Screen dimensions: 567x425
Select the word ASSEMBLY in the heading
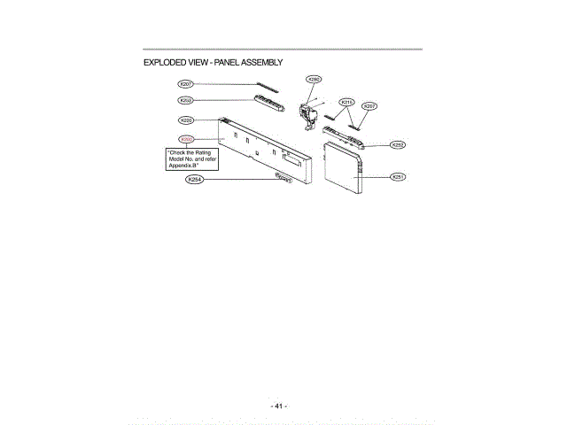point(259,63)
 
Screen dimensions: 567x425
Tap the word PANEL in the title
point(219,63)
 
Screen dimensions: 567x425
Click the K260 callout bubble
point(314,79)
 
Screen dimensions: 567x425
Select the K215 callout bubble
point(347,102)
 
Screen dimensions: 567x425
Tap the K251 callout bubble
point(399,177)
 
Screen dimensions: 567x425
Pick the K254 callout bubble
point(194,180)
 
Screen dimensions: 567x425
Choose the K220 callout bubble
point(186,120)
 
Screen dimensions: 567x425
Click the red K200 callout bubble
point(186,139)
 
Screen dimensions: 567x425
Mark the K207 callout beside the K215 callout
point(370,106)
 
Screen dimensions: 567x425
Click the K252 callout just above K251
point(398,144)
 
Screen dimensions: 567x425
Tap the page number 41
point(278,406)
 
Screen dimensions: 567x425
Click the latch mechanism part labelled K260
point(309,112)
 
